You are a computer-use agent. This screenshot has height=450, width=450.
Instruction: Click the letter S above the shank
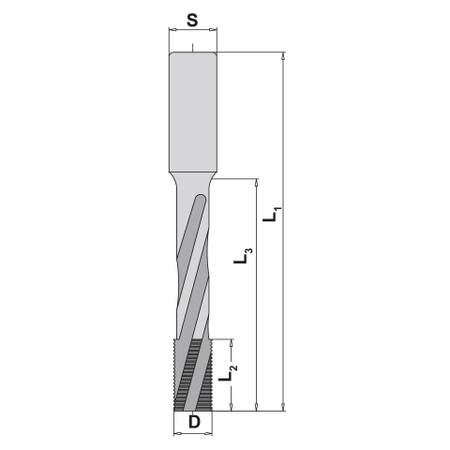tap(192, 21)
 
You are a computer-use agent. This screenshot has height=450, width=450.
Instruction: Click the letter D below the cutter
tap(194, 422)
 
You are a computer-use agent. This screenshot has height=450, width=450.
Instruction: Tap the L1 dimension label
tap(272, 214)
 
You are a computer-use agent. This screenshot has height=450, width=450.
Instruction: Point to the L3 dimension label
tap(243, 255)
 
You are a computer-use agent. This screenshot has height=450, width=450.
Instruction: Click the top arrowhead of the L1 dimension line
tap(283, 56)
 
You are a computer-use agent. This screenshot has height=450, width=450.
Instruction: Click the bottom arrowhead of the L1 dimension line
tap(283, 407)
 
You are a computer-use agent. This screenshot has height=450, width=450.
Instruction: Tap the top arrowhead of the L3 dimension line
tap(257, 183)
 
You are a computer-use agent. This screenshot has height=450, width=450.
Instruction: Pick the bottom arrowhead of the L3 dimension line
tap(257, 407)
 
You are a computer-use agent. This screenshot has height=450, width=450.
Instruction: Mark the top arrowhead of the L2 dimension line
tap(232, 343)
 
